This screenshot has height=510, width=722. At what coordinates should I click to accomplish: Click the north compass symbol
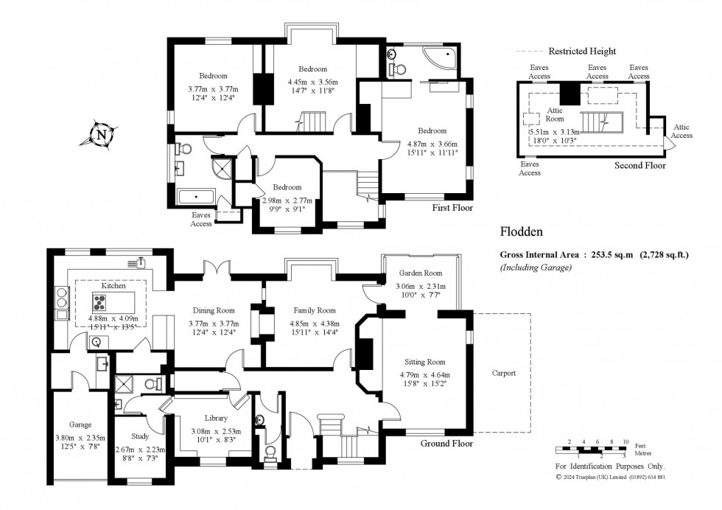tap(102, 135)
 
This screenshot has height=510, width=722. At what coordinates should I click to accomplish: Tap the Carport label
tap(504, 373)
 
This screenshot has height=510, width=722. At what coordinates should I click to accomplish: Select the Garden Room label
tap(421, 273)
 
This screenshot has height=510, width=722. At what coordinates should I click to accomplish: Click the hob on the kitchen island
tap(100, 303)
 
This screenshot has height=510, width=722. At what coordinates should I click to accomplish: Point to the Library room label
tap(216, 419)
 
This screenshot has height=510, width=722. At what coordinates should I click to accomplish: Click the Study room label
tap(140, 436)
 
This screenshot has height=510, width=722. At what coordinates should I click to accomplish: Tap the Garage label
tap(80, 425)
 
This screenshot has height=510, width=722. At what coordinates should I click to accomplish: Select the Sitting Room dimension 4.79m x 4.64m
tap(424, 375)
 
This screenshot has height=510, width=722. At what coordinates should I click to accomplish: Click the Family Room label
tap(315, 310)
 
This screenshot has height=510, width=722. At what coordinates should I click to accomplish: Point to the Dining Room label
tap(214, 310)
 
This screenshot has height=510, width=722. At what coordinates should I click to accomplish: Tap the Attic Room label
tap(555, 115)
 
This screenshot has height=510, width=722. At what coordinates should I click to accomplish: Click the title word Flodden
tap(522, 231)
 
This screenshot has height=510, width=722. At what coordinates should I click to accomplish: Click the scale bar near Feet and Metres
tap(591, 449)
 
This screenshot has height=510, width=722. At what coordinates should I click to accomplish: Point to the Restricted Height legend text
tap(582, 52)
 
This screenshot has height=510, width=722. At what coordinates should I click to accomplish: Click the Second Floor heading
tap(640, 165)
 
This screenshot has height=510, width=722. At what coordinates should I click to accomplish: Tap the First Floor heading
tap(452, 208)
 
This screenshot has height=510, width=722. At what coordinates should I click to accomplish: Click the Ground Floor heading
tap(446, 444)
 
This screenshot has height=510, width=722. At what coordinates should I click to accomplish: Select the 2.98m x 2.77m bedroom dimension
tap(287, 201)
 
